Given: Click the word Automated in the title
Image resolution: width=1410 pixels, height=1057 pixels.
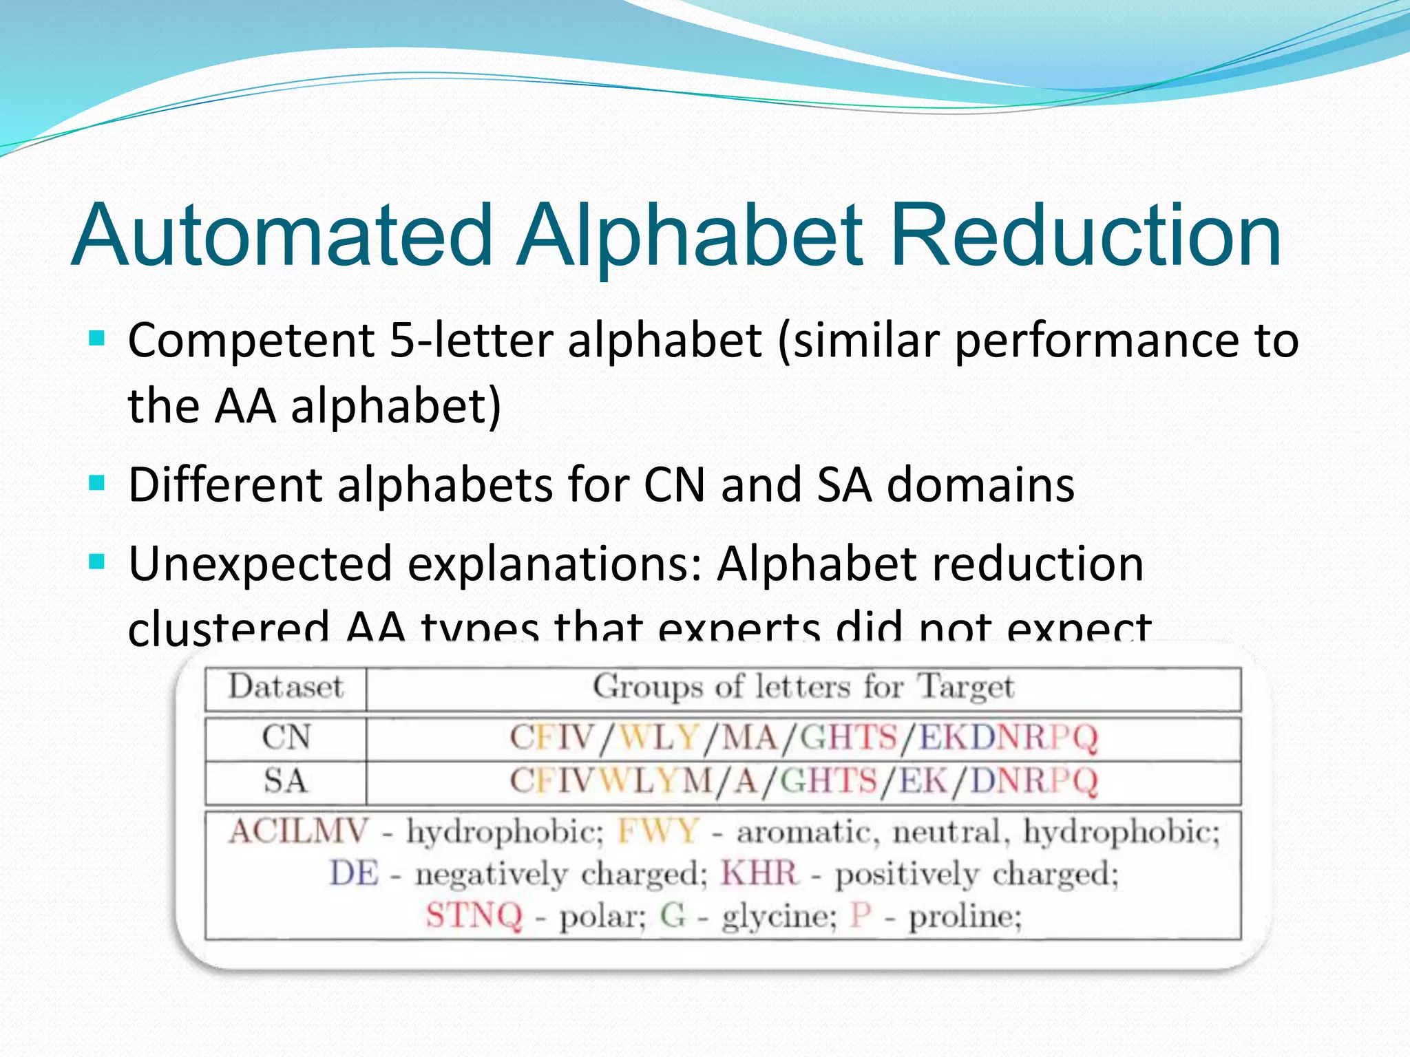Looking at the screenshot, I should click(282, 235).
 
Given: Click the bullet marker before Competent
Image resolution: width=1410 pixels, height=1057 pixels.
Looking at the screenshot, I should click(97, 339).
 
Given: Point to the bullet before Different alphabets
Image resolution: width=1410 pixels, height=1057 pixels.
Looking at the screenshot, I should click(97, 484).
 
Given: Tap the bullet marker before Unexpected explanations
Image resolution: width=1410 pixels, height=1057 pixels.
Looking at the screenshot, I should click(97, 563).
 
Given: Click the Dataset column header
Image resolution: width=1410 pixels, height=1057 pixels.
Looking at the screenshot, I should click(286, 687).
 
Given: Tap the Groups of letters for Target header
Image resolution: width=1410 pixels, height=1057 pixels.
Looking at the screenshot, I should click(803, 687).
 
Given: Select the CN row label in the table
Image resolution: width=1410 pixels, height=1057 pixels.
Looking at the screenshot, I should click(286, 738).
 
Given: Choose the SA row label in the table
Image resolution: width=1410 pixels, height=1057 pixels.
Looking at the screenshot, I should click(286, 781).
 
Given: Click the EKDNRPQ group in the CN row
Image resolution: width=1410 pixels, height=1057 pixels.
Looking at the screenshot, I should click(1008, 738).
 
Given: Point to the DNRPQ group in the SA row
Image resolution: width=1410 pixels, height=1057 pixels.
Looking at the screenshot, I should click(1033, 781).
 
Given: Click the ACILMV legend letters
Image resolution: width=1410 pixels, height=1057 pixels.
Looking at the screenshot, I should click(299, 831).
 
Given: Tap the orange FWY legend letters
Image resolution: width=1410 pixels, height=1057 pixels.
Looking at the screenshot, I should click(658, 831).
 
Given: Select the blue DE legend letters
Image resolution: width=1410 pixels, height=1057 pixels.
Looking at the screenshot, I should click(354, 874).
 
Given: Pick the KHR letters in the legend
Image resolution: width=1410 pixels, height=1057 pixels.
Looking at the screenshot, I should click(759, 874).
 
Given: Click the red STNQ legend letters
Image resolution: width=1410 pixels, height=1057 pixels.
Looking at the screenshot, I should click(474, 916).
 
